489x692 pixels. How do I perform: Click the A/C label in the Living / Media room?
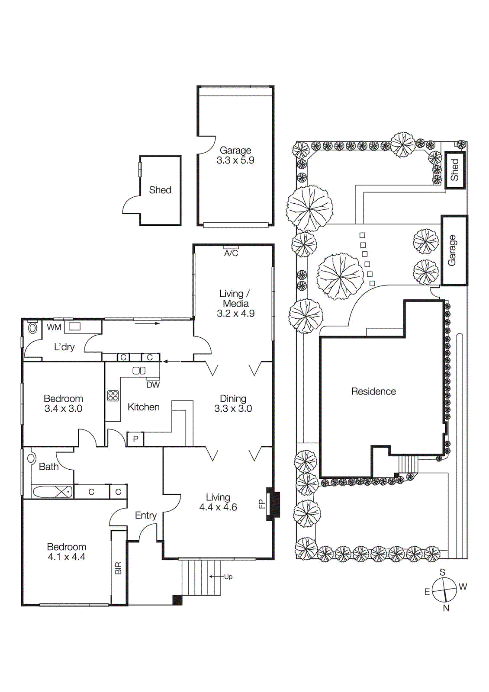tap(231, 253)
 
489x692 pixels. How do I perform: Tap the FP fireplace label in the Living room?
tap(261, 504)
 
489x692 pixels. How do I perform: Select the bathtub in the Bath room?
tap(52, 492)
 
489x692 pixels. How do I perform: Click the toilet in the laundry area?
tap(32, 328)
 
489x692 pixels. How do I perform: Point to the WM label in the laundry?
tap(54, 327)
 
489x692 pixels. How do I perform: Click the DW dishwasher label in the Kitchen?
tap(153, 384)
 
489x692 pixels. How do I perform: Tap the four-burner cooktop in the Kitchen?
tap(113, 395)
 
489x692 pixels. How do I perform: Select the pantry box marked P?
tap(135, 439)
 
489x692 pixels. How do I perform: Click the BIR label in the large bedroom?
tap(119, 568)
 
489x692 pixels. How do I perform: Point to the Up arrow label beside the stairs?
tap(228, 577)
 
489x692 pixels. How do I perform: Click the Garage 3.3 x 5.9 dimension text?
tap(235, 160)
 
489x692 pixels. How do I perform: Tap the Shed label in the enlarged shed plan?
tap(160, 190)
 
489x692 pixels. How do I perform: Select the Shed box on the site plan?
tap(455, 170)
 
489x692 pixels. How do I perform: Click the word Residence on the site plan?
tap(373, 391)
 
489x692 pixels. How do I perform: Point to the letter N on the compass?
tap(446, 608)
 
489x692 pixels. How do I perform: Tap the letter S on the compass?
tap(442, 572)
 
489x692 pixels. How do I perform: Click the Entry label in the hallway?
tap(146, 516)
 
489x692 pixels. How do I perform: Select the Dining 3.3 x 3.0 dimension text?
tap(233, 408)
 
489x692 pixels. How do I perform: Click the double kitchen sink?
tap(139, 371)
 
